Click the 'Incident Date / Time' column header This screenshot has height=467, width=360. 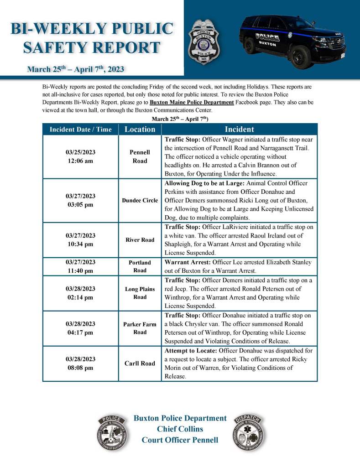click(x=80, y=130)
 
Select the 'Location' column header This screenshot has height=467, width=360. click(x=140, y=129)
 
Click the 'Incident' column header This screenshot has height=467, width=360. click(x=239, y=129)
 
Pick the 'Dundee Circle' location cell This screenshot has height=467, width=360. click(x=140, y=200)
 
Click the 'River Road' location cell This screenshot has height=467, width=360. click(x=140, y=240)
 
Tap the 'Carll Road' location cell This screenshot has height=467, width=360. click(x=140, y=363)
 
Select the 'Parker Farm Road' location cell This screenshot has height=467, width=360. click(x=140, y=328)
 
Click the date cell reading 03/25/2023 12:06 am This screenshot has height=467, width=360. click(x=80, y=156)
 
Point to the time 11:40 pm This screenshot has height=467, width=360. click(x=80, y=270)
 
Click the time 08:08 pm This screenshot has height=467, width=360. click(x=80, y=368)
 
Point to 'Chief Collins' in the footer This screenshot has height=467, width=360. click(x=180, y=429)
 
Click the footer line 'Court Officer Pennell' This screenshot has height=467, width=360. click(x=180, y=440)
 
